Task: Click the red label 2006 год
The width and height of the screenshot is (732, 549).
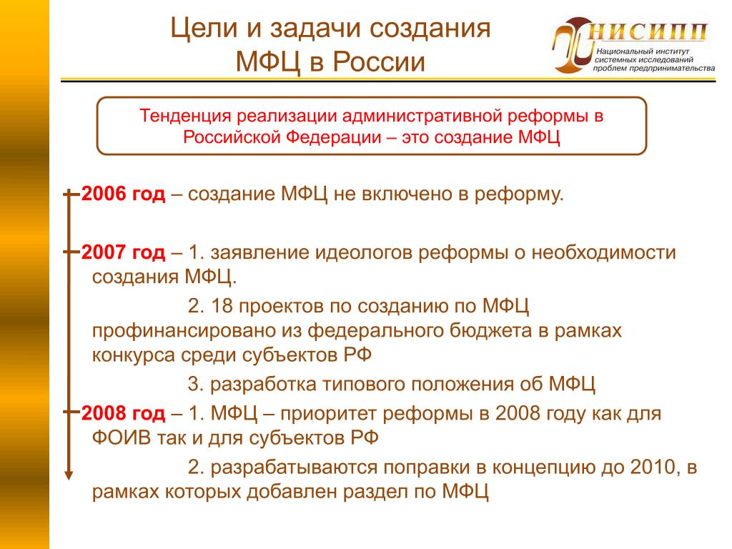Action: click(x=123, y=194)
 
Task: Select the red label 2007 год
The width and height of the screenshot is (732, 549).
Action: click(x=123, y=252)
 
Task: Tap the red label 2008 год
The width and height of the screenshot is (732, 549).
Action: click(x=123, y=414)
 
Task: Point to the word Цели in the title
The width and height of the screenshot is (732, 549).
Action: click(x=204, y=29)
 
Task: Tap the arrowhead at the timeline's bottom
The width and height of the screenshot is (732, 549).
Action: click(x=69, y=475)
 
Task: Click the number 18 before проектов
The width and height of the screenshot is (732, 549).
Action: click(x=222, y=306)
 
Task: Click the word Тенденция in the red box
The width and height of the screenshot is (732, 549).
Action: click(x=185, y=116)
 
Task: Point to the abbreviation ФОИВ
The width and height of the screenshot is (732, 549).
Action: click(x=122, y=438)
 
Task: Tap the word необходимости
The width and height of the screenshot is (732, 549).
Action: click(x=604, y=252)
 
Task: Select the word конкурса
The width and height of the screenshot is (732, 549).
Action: click(x=134, y=356)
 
